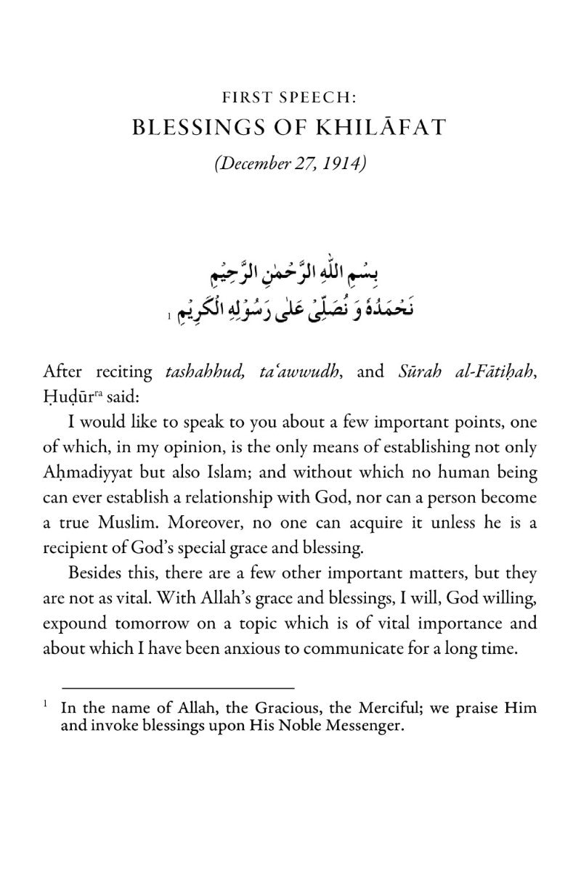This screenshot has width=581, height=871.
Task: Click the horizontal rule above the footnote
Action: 178,686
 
